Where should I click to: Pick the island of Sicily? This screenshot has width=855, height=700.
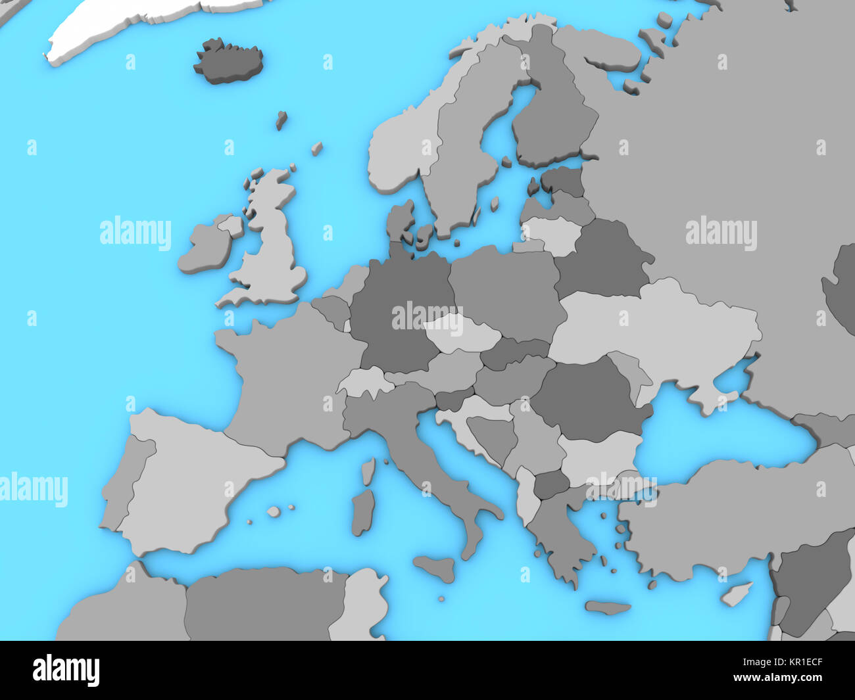click(x=435, y=567)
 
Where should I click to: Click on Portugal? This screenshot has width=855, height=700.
click(x=125, y=480)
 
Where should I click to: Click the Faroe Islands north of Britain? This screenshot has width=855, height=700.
click(x=281, y=120)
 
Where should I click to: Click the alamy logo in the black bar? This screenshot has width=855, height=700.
click(x=66, y=671)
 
